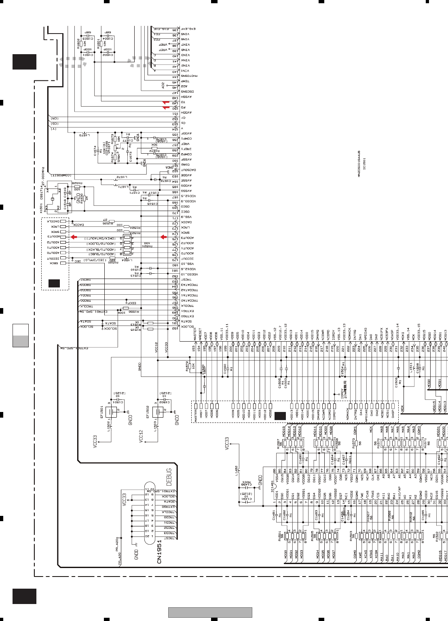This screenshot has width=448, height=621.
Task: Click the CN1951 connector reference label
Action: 159,551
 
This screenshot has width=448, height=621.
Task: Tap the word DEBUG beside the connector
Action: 169,471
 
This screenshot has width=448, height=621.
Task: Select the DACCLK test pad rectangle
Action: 63,222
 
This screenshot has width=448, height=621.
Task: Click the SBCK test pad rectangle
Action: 63,263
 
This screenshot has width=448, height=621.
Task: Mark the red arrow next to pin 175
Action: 163,237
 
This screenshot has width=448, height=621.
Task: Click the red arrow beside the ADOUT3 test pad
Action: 74,237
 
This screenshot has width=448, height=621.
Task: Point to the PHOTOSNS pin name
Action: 189,76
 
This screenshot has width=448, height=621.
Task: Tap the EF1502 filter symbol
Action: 158,412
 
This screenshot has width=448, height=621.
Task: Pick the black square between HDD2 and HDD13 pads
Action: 280,416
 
